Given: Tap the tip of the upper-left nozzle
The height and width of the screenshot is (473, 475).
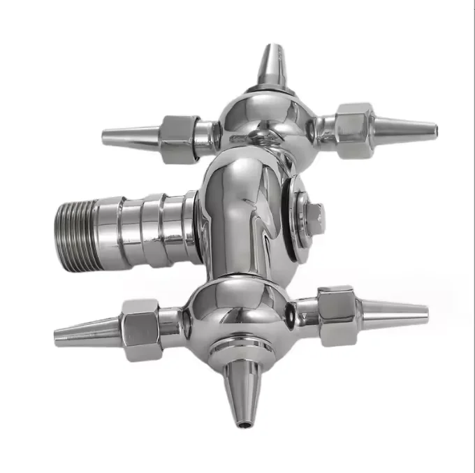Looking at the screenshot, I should coord(105,136).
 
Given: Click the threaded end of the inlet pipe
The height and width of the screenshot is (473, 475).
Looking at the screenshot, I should coord(74,226).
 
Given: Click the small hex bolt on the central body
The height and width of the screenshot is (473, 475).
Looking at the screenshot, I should coord(313,218).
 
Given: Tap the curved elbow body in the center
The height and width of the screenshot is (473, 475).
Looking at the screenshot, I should coord(241,210).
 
